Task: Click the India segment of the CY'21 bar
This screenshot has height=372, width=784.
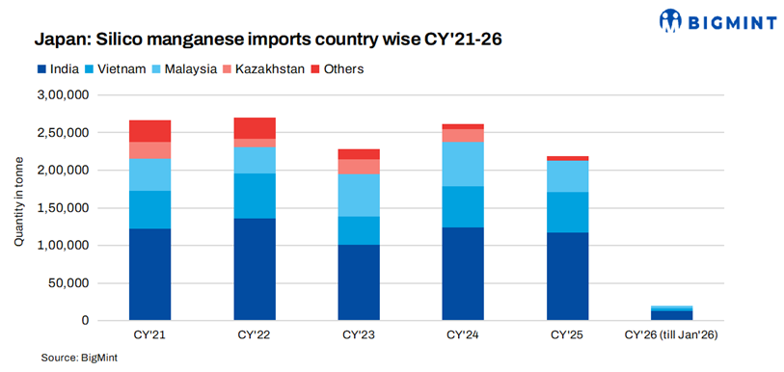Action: (x=149, y=274)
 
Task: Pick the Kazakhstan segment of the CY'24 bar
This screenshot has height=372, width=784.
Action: (x=462, y=135)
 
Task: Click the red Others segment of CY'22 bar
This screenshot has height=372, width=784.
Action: (x=255, y=128)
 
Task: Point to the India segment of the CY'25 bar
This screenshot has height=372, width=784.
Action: (x=567, y=276)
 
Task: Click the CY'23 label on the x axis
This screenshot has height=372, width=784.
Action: (x=359, y=334)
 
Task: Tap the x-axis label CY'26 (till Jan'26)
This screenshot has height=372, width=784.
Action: (x=671, y=334)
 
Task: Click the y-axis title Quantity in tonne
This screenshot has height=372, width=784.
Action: (x=19, y=208)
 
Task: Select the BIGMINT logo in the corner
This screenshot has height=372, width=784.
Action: (x=724, y=20)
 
